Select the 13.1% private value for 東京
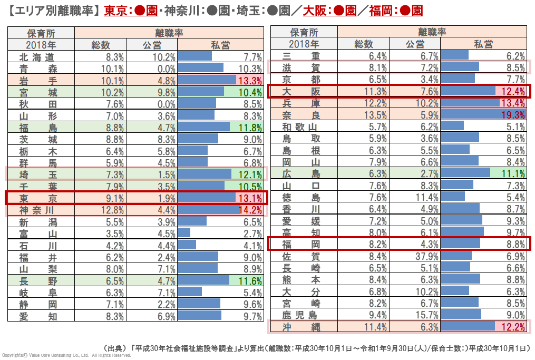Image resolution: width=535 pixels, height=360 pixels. [x=250, y=199]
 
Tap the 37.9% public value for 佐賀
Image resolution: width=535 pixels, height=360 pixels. [x=426, y=257]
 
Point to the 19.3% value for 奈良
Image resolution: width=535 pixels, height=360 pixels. [x=513, y=115]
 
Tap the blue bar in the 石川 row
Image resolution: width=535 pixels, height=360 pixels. [x=187, y=245]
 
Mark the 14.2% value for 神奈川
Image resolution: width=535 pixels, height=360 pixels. [x=250, y=210]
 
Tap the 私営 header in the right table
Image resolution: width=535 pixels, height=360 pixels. [x=483, y=44]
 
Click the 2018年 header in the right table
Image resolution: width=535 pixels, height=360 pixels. [x=304, y=44]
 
